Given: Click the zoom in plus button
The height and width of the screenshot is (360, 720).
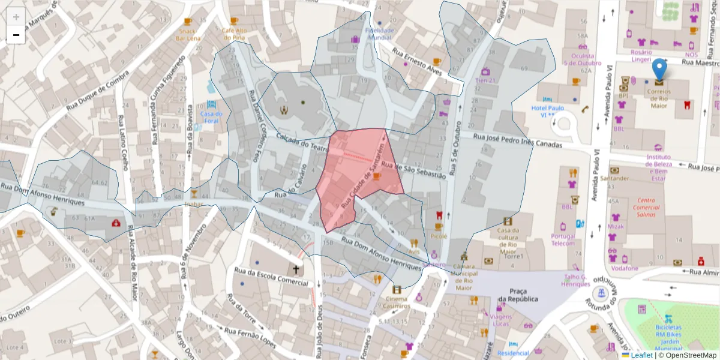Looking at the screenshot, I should coord(16,17).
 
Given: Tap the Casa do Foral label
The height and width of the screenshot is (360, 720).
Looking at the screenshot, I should coord(211,117).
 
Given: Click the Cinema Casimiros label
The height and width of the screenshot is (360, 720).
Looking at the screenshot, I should coord(397,302).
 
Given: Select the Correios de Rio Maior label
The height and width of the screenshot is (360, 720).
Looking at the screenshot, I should coord(659,99).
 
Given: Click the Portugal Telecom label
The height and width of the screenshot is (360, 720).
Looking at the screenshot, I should coord(563,239).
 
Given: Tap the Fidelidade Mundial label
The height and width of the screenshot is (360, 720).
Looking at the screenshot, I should coord(379,34).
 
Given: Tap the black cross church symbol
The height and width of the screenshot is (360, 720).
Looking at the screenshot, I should coord(296,270).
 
